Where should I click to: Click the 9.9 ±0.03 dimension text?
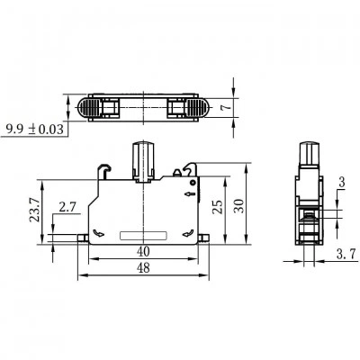click(35, 130)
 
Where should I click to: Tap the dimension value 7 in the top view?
click(227, 107)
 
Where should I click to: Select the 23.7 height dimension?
click(35, 210)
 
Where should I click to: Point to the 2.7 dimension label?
click(67, 207)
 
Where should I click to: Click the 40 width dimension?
click(143, 252)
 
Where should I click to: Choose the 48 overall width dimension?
click(143, 268)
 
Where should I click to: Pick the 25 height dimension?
click(218, 207)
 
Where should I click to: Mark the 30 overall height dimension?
click(239, 206)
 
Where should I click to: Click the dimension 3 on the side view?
click(342, 183)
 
